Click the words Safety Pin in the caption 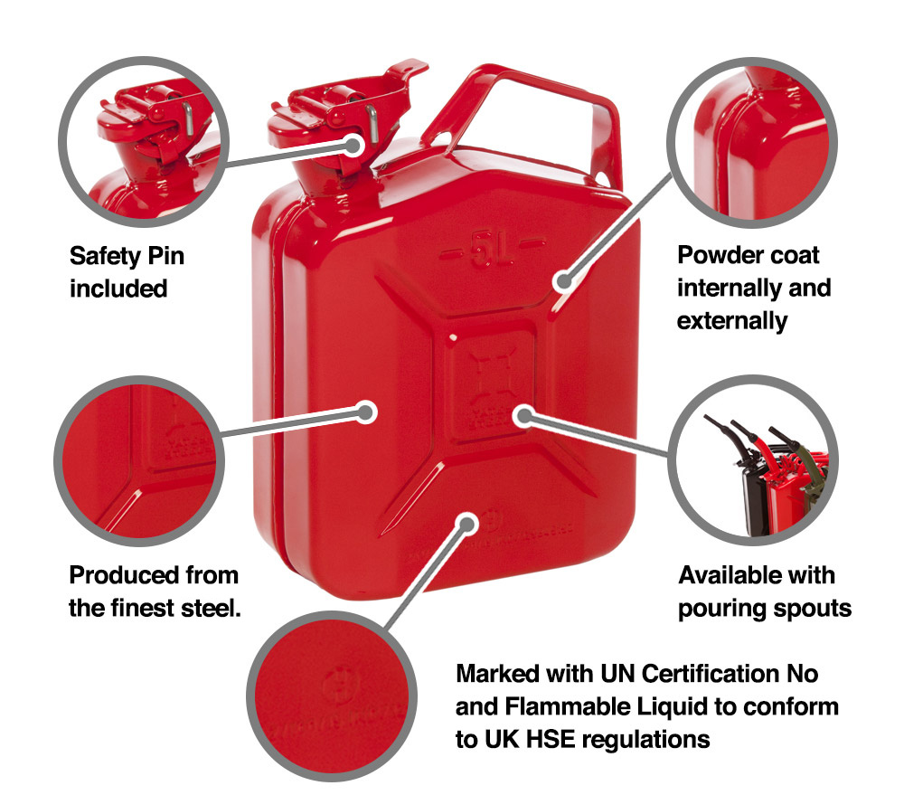click(127, 256)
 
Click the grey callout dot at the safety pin click(356, 146)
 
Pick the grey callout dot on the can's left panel click(366, 412)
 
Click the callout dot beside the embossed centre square click(522, 415)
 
